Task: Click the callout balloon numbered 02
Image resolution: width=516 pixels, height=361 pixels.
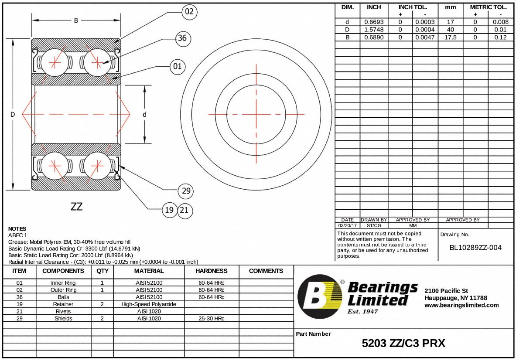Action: [x=189, y=12]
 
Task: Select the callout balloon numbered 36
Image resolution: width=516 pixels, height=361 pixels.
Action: [x=182, y=38]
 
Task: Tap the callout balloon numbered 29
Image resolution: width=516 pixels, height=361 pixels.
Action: [x=186, y=191]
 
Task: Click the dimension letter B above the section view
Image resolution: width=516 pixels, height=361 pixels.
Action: [x=76, y=20]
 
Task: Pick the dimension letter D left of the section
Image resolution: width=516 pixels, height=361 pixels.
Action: [x=13, y=114]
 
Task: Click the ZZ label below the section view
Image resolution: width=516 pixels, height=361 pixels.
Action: [x=76, y=207]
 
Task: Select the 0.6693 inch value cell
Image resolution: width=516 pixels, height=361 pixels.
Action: [x=374, y=22]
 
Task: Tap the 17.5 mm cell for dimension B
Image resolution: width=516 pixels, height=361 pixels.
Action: [x=450, y=37]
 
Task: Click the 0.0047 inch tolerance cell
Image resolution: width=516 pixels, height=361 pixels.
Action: [x=425, y=37]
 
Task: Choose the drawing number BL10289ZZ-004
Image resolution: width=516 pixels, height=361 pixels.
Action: [x=475, y=248]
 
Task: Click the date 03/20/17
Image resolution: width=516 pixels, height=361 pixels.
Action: [x=347, y=226]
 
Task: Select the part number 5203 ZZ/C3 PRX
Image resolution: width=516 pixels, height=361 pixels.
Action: [x=403, y=344]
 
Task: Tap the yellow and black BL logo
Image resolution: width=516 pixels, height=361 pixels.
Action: [x=320, y=296]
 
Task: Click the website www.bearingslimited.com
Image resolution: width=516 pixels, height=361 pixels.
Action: [x=461, y=305]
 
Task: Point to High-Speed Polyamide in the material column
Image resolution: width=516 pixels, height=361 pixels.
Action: [x=149, y=304]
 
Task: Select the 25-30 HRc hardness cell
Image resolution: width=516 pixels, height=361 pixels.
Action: [x=211, y=319]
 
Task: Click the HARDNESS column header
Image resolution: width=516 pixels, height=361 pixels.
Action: [x=211, y=271]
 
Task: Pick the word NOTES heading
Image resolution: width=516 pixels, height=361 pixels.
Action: [x=17, y=229]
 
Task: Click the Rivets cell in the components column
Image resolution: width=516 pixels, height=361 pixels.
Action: [x=63, y=311]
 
